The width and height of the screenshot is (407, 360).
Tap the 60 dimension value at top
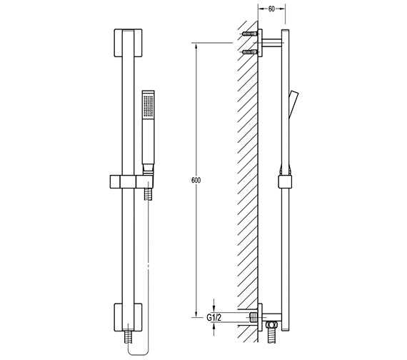271,9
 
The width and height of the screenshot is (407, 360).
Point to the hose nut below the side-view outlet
271,326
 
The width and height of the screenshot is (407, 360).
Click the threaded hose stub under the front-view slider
149,193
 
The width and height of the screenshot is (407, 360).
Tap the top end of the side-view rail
286,33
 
